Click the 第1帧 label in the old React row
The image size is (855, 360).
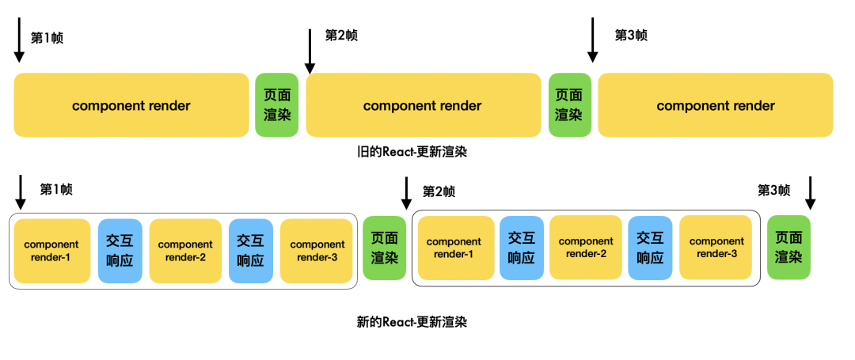pos(47,38)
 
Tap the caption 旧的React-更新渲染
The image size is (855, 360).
pos(412,152)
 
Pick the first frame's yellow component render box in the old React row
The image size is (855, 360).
pos(131,104)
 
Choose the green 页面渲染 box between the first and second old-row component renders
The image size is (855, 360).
pos(277,104)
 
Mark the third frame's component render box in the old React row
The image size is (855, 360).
pos(716,104)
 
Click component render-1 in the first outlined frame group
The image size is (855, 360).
pos(52,250)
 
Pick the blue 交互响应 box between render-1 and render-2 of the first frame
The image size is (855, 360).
pos(120,250)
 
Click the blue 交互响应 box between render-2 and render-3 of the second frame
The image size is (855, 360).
pos(650,247)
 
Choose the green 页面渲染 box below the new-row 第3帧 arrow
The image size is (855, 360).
pos(788,247)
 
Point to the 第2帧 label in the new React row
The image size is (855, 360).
pos(439,192)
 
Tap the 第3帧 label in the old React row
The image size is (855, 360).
pos(631,36)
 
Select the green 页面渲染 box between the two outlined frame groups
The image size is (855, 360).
pos(385,248)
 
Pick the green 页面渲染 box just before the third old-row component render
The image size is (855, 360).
pos(570,104)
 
